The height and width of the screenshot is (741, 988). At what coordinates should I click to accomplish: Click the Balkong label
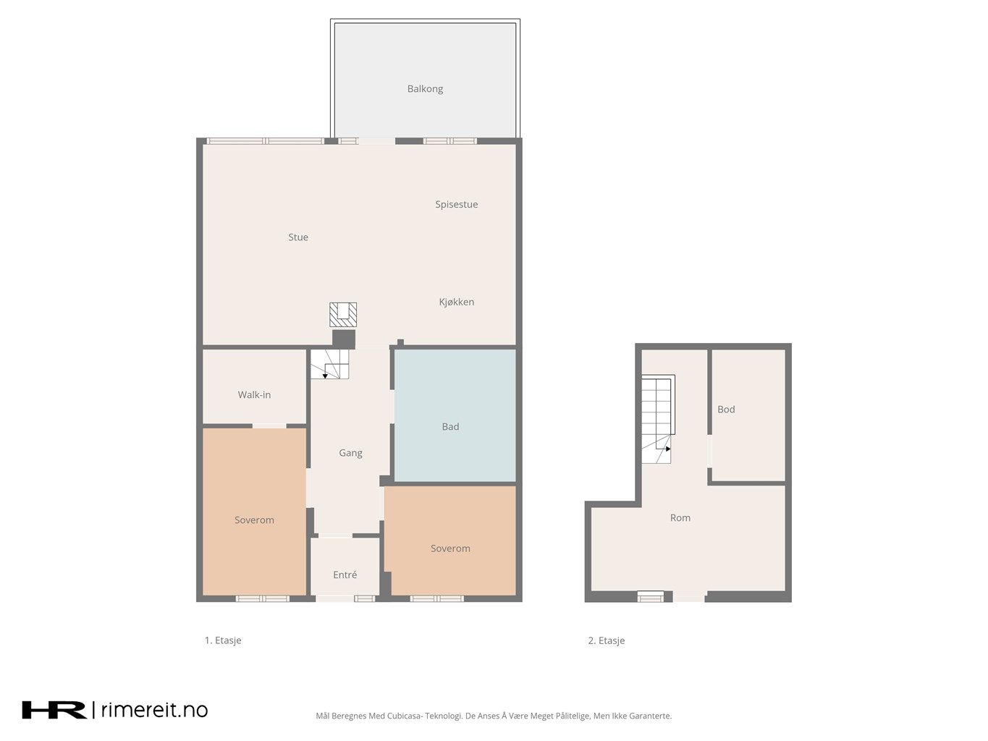point(425,89)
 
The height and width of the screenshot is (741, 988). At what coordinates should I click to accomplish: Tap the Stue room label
point(298,237)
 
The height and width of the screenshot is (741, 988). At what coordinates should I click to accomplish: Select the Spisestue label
point(456,205)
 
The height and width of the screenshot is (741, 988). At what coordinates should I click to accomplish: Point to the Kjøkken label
point(456,302)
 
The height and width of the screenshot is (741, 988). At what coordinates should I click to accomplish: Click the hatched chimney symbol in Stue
point(343,315)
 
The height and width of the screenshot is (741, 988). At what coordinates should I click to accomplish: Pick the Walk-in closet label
point(254,395)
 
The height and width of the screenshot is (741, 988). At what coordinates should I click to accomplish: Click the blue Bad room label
point(450,427)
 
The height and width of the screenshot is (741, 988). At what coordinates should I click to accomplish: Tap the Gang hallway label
point(350,453)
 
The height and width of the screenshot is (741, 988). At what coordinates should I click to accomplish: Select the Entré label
point(345,575)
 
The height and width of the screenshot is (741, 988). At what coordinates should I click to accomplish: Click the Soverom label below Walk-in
point(254,520)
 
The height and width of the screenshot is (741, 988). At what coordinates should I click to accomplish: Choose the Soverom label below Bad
point(450,549)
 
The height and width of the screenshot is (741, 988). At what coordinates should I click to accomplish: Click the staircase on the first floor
point(330,364)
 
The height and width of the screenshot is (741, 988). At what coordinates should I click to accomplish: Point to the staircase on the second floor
point(657,418)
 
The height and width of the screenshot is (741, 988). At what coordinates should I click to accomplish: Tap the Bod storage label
point(726,410)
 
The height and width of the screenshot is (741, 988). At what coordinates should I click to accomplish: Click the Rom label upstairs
point(680,518)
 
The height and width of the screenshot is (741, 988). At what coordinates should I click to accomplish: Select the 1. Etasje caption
point(223,640)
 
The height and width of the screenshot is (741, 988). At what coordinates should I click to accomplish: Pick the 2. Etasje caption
point(606,640)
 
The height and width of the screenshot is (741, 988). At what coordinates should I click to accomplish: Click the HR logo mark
point(54,710)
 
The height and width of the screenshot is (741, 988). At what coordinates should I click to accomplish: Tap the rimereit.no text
point(154,710)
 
